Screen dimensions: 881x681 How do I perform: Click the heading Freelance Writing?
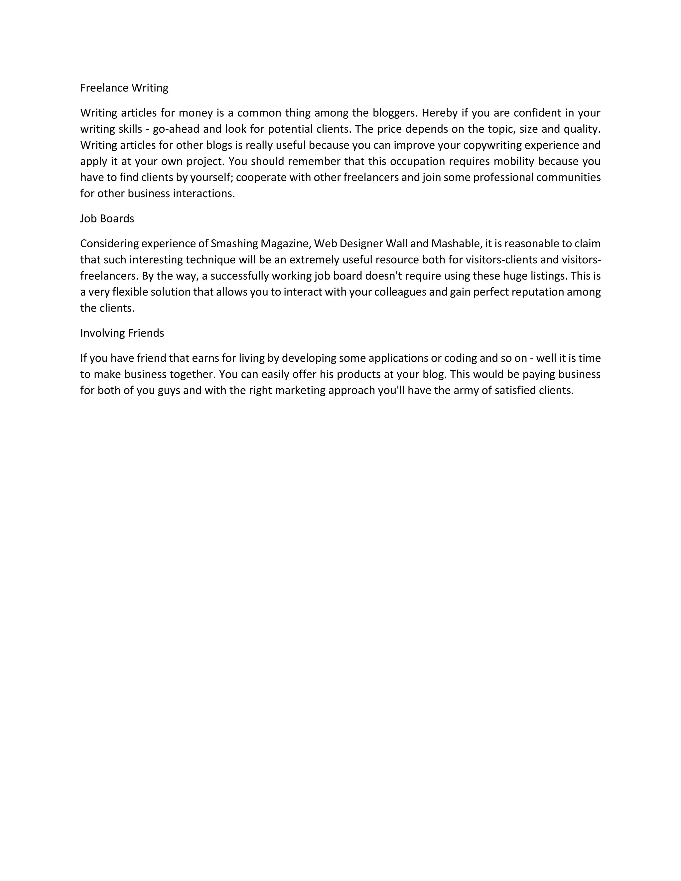pos(124,88)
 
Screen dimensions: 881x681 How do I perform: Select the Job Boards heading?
pos(107,219)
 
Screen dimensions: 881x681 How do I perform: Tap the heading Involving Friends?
pos(122,333)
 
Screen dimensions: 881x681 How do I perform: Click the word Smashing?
pos(234,244)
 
